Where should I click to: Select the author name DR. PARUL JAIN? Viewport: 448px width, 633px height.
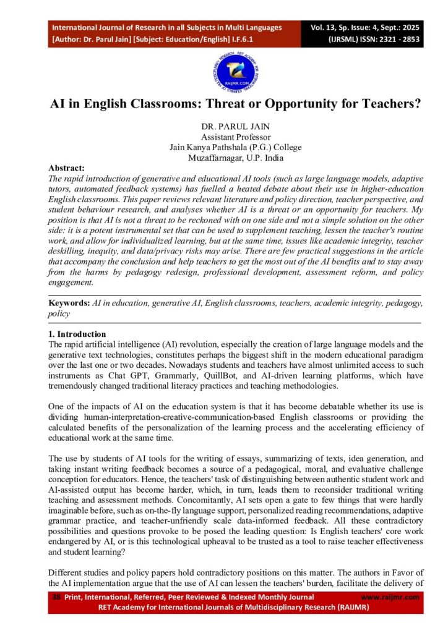pyautogui.click(x=224, y=127)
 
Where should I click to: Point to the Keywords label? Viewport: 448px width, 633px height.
pyautogui.click(x=69, y=304)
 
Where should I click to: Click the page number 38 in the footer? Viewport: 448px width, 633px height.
pyautogui.click(x=56, y=597)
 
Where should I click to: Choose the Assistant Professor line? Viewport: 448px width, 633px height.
pyautogui.click(x=224, y=137)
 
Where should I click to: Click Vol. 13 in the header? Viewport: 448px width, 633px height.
pyautogui.click(x=323, y=27)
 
